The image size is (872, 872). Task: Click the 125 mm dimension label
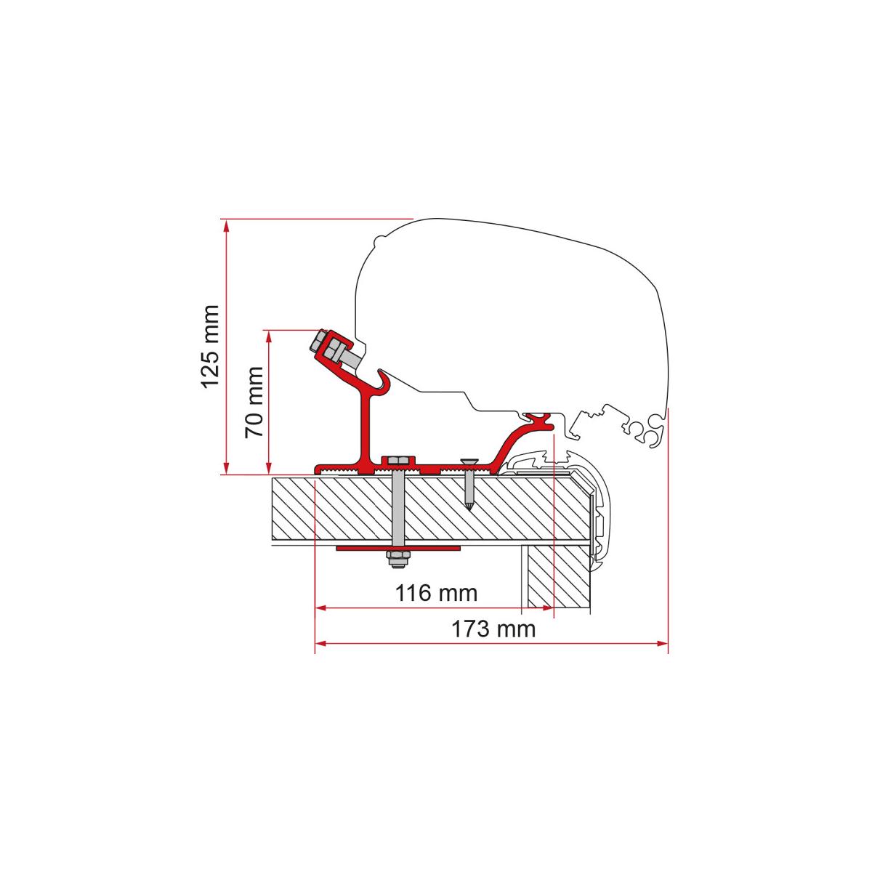click(211, 347)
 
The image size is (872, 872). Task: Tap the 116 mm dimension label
click(436, 593)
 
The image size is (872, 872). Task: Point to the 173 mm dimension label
click(493, 629)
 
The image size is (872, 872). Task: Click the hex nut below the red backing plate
click(397, 558)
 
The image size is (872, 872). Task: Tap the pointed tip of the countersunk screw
click(469, 509)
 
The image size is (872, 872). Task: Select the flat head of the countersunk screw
click(469, 461)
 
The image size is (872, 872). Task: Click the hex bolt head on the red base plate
click(397, 461)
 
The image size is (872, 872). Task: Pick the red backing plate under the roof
click(397, 549)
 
